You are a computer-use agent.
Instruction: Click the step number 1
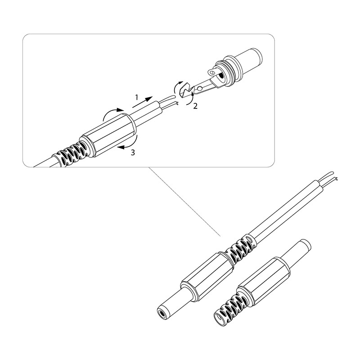[x=137, y=98]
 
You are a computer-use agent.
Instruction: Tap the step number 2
[x=195, y=106]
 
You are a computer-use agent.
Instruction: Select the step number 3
[x=133, y=153]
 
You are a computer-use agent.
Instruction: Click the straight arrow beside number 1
[x=142, y=102]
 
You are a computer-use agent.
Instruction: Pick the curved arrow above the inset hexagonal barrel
[x=110, y=112]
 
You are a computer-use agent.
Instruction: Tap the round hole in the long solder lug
[x=200, y=88]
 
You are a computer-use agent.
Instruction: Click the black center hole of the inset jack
[x=221, y=76]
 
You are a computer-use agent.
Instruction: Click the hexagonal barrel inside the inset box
[x=108, y=135]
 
